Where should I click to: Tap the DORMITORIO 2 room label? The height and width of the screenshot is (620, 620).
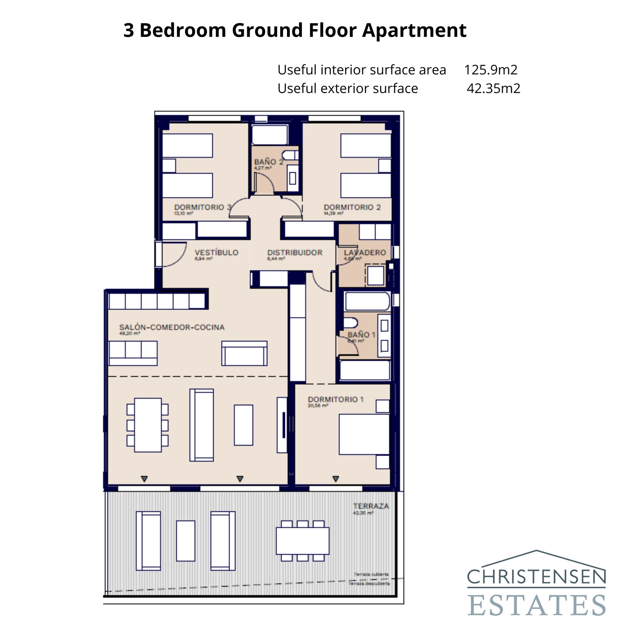pyautogui.click(x=352, y=207)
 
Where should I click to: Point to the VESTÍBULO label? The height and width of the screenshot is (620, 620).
pyautogui.click(x=216, y=252)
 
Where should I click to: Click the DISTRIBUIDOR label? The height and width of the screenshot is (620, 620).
pyautogui.click(x=294, y=252)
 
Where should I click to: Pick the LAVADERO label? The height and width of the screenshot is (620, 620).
pyautogui.click(x=365, y=252)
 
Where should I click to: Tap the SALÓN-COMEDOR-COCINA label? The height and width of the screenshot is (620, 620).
pyautogui.click(x=172, y=327)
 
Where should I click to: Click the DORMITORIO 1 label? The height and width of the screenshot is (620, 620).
pyautogui.click(x=336, y=399)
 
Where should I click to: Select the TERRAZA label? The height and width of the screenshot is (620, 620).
pyautogui.click(x=371, y=506)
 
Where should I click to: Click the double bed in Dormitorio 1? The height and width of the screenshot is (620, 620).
pyautogui.click(x=363, y=434)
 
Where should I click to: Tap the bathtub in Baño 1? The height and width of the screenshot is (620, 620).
pyautogui.click(x=367, y=301)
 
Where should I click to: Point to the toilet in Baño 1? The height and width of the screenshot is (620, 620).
pyautogui.click(x=350, y=323)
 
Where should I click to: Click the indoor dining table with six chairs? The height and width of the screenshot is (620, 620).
pyautogui.click(x=148, y=425)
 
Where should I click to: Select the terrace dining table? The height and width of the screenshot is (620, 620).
pyautogui.click(x=302, y=541)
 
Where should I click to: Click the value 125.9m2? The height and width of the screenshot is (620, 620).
pyautogui.click(x=491, y=70)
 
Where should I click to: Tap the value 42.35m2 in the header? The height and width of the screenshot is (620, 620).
pyautogui.click(x=493, y=88)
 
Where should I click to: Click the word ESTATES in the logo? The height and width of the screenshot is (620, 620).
pyautogui.click(x=536, y=605)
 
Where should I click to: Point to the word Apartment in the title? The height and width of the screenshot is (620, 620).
pyautogui.click(x=414, y=30)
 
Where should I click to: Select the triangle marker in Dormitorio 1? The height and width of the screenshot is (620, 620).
pyautogui.click(x=336, y=479)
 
